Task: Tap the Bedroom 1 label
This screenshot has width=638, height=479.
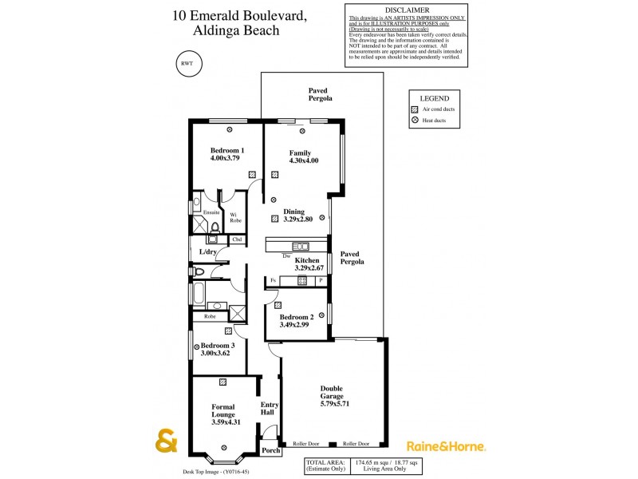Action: point(226,150)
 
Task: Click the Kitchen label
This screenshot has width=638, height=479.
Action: point(307,260)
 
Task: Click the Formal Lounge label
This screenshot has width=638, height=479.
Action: point(223,411)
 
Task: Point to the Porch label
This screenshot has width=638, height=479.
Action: point(271,449)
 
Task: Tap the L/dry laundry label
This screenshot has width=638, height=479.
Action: point(208,252)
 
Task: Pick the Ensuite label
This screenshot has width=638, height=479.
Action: point(211,212)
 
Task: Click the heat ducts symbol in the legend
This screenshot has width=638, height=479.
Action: point(415,121)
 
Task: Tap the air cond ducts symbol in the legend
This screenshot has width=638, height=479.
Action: point(415,108)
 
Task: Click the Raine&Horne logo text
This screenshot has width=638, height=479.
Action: point(446,446)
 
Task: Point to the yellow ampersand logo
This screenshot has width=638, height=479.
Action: point(165,441)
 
